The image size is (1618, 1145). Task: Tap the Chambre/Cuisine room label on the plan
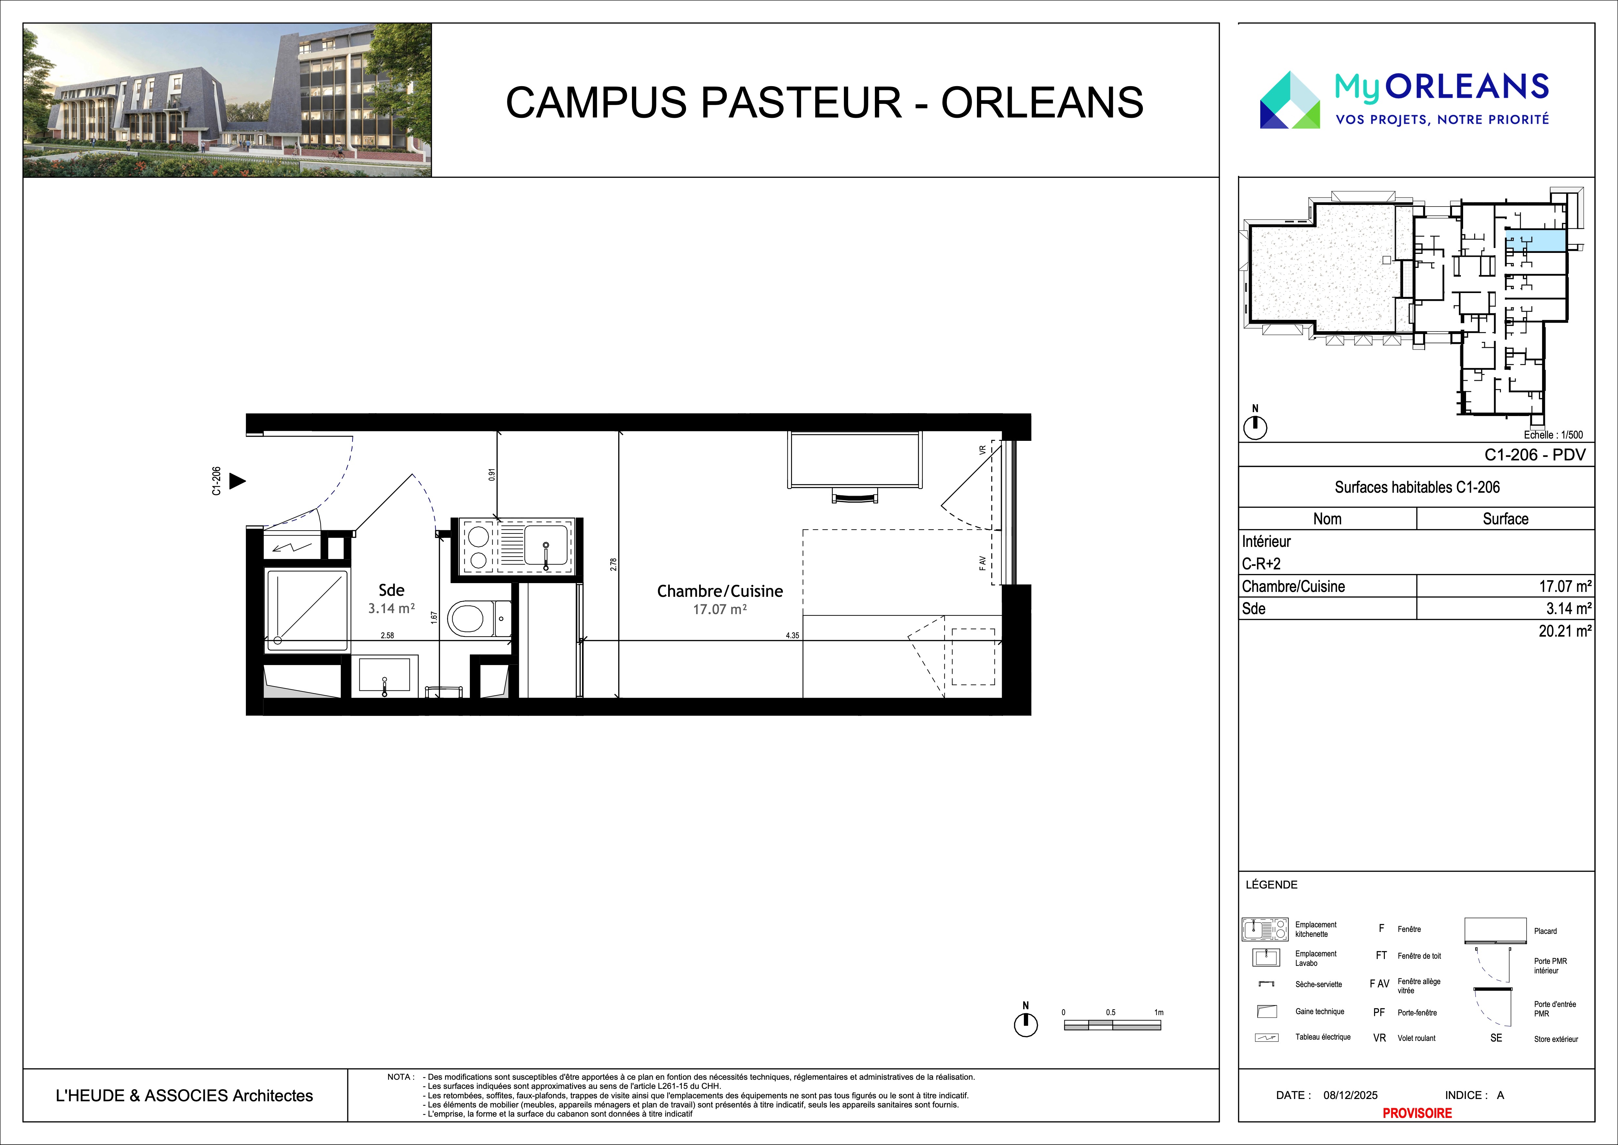tap(720, 591)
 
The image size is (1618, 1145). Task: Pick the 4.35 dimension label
tap(792, 635)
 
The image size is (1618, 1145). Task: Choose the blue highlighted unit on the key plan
tap(1536, 240)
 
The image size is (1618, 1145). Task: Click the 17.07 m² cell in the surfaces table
tap(1565, 586)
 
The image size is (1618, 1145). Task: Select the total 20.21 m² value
tap(1565, 631)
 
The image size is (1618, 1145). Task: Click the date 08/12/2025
tap(1350, 1095)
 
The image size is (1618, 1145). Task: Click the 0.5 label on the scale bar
tap(1111, 1013)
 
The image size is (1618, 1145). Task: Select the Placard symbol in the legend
tap(1494, 931)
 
